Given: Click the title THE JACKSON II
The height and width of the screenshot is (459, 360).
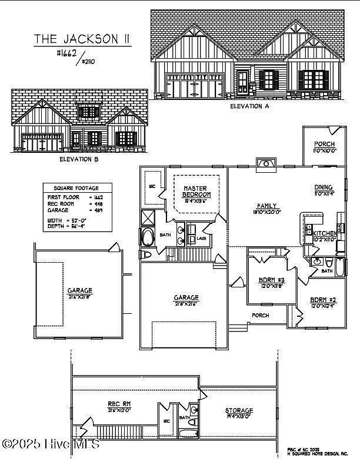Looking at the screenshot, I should [82, 39].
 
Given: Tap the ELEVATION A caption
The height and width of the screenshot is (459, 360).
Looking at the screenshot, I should [249, 106].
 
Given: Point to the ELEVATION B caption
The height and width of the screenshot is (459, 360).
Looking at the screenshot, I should [79, 159].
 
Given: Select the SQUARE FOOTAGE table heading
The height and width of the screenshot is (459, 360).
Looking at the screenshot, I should [72, 187].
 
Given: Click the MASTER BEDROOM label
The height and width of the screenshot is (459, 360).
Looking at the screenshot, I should [196, 191].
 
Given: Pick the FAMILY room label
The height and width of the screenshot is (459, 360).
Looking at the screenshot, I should [265, 206].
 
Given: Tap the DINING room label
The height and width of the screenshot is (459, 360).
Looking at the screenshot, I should [323, 189].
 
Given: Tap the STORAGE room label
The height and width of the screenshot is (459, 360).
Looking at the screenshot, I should [239, 410].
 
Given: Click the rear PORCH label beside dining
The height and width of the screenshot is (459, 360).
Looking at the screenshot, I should [324, 144].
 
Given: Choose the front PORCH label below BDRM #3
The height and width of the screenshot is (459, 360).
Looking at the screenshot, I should [261, 316].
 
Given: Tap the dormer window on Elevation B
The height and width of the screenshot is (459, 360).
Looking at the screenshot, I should [89, 112].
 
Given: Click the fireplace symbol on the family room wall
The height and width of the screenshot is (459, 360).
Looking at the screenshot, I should [266, 163].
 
